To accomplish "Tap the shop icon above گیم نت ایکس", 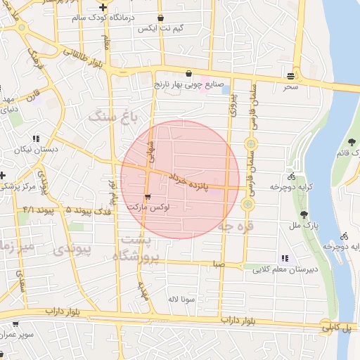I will [161, 18].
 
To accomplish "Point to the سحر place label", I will [291, 86].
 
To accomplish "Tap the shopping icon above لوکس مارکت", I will [148, 196].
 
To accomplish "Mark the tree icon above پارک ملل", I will [304, 214].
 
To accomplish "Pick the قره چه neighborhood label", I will [236, 226].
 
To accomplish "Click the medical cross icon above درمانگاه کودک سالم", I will [103, 6].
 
